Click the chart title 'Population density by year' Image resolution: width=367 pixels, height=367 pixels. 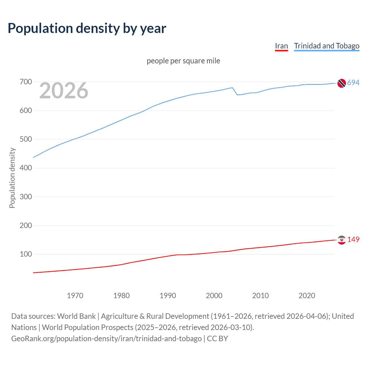(x=87, y=28)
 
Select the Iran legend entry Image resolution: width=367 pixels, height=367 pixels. (x=281, y=46)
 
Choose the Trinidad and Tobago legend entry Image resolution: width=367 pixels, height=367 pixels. (x=327, y=46)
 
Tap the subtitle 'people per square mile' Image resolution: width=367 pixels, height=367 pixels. (x=183, y=61)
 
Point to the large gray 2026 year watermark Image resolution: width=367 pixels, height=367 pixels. (x=64, y=91)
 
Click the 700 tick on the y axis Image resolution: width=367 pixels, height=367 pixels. (x=26, y=82)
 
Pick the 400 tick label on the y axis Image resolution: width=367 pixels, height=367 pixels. (x=26, y=168)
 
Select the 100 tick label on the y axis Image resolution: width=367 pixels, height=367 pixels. (x=26, y=254)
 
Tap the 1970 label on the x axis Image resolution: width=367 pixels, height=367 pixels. (x=75, y=296)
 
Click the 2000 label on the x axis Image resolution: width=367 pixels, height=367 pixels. (x=214, y=296)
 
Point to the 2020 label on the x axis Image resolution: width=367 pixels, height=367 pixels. (x=307, y=296)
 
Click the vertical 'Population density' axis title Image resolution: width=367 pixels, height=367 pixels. (x=12, y=178)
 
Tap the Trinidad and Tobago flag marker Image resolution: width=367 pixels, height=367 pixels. (x=341, y=83)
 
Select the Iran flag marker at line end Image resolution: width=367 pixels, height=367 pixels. (x=341, y=240)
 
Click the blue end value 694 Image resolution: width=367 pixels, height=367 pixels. (x=353, y=83)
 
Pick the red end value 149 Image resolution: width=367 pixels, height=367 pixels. (x=353, y=240)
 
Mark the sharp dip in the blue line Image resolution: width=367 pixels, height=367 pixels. (x=237, y=94)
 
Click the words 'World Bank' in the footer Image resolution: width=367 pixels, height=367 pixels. (x=76, y=316)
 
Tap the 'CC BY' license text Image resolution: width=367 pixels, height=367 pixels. (x=217, y=339)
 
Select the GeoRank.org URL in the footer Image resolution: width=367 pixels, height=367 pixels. (x=106, y=339)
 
